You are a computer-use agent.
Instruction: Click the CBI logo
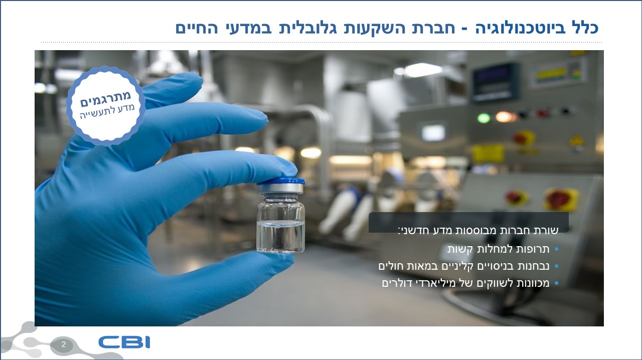124,342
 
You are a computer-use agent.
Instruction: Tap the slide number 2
63,344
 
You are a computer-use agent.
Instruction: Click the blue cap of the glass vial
281,181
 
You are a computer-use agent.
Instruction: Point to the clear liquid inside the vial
280,237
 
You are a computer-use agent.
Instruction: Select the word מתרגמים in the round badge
105,98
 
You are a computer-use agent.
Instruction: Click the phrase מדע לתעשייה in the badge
107,111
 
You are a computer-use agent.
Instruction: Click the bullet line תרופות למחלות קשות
499,249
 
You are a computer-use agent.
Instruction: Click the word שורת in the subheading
547,231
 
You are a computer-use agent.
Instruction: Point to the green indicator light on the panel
484,118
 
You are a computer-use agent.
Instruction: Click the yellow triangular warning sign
576,140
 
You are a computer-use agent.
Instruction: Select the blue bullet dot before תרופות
557,249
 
